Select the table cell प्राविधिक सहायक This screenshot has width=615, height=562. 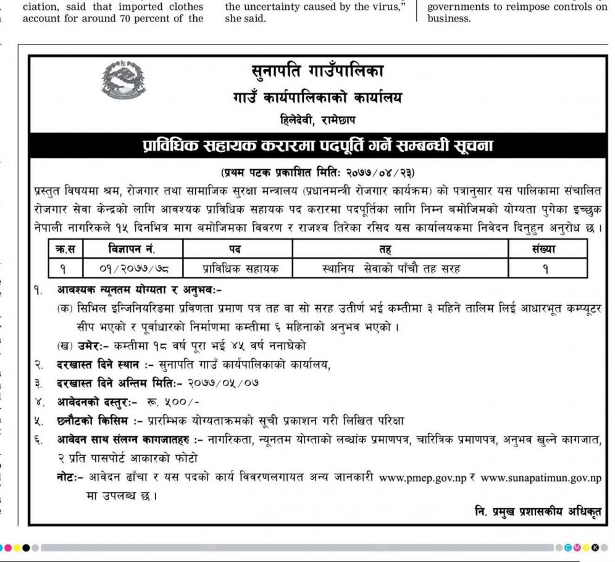(240, 268)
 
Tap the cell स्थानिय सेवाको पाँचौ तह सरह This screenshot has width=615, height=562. (391, 268)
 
